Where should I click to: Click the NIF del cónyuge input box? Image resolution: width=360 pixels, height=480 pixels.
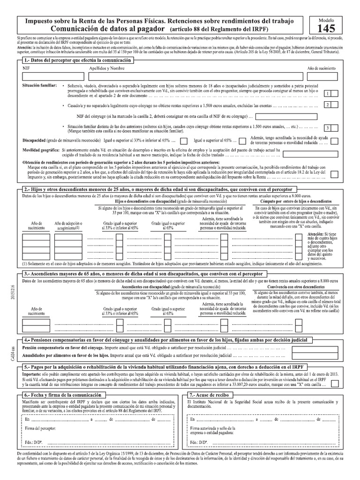tap(286, 116)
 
